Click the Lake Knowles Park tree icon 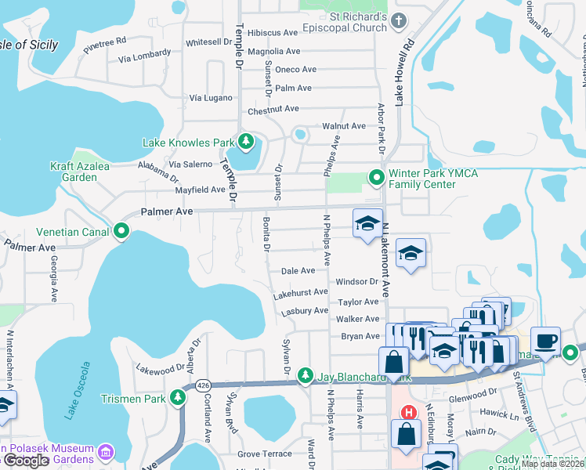point(247,142)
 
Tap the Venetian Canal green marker point(121,231)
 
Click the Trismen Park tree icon point(178,398)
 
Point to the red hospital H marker point(407,412)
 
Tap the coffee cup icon point(546,342)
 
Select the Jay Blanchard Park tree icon point(306,377)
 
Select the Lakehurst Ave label point(300,292)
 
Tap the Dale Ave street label point(298,270)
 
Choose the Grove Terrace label point(265,454)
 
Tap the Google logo point(26,461)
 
